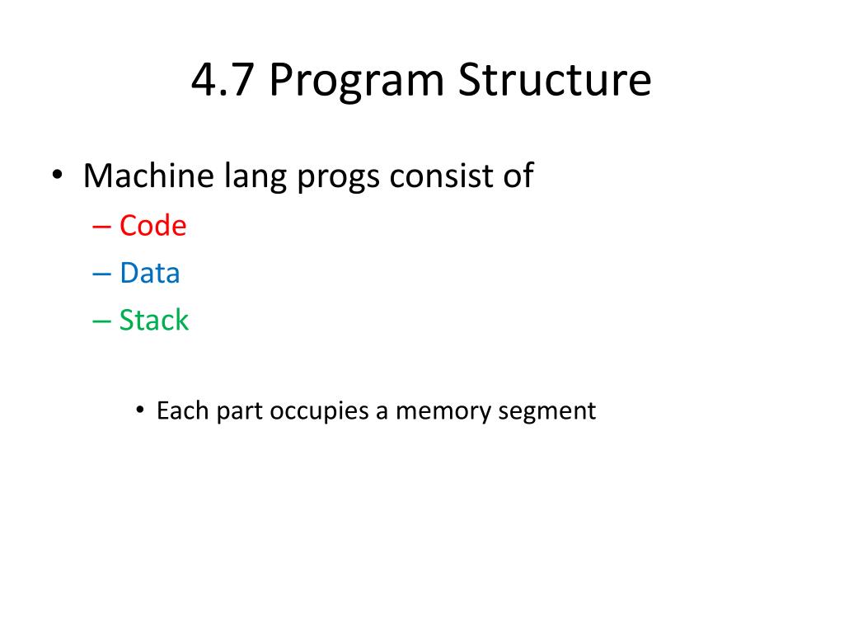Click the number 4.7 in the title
coord(223,82)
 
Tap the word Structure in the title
coord(555,82)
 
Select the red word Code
coord(152,226)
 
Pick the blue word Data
coord(149,273)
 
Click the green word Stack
coord(153,320)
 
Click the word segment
coord(547,411)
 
